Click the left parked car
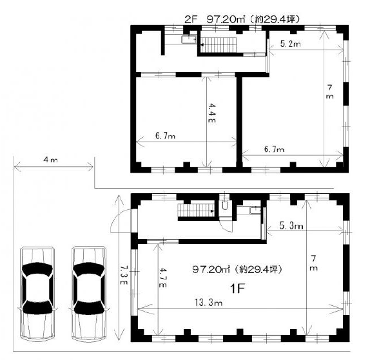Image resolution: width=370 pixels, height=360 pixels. click(37, 294)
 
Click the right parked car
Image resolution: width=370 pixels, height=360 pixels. click(89, 294)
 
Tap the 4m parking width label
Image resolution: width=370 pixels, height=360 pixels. click(50, 160)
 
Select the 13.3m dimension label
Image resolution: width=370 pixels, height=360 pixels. click(208, 303)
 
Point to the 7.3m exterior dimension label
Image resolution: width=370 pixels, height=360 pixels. click(124, 275)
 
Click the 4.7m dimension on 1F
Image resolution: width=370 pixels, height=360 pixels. click(162, 278)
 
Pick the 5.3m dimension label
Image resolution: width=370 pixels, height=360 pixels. click(291, 226)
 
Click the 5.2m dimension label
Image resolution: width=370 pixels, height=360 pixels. click(291, 44)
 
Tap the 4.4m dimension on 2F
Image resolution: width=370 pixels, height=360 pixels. click(211, 113)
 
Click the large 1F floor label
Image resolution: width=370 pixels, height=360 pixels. click(238, 289)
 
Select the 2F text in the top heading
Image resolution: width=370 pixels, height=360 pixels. click(191, 19)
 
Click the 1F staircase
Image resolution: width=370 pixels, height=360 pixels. click(196, 211)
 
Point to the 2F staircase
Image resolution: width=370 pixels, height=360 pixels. click(219, 45)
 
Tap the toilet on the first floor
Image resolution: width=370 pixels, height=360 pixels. click(225, 205)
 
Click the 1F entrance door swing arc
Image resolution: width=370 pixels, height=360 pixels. click(120, 219)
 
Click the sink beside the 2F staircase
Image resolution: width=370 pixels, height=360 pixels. click(189, 39)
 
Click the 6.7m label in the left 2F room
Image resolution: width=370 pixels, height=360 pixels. click(166, 136)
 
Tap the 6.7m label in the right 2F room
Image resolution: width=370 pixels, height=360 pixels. click(274, 149)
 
